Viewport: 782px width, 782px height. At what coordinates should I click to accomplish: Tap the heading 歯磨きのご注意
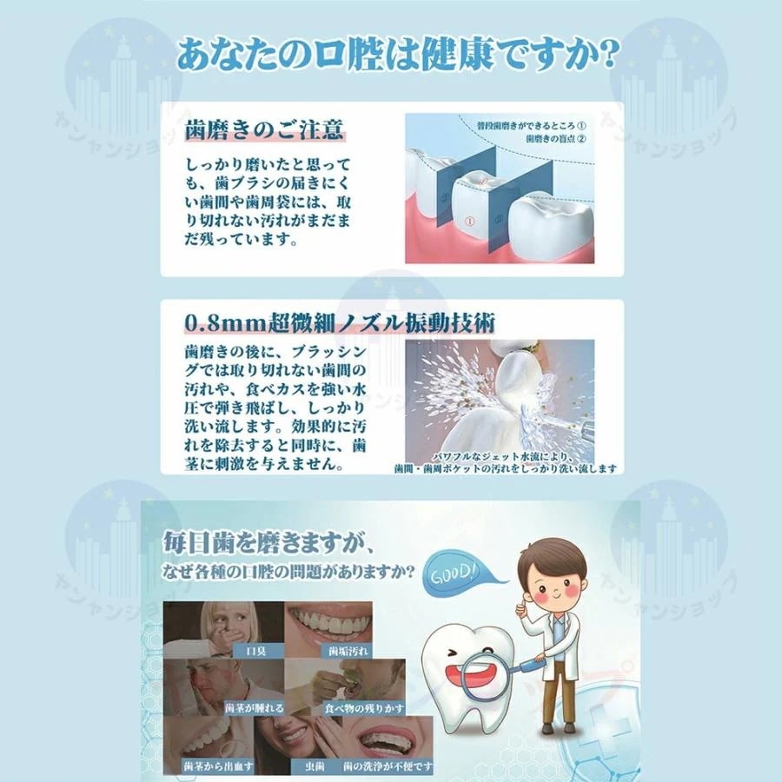(265, 130)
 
